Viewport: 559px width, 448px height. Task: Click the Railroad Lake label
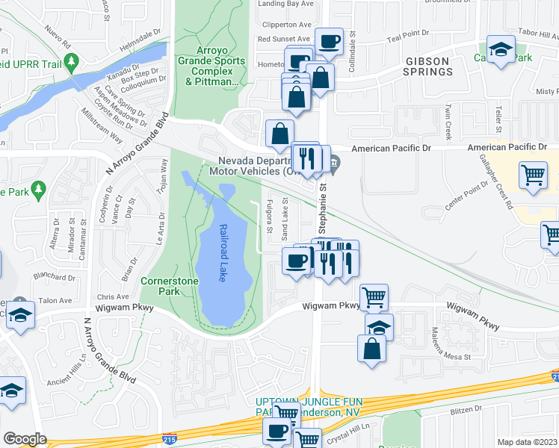coord(222,252)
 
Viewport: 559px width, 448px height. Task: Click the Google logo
coord(25,439)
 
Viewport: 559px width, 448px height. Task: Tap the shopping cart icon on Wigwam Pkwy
coord(374,297)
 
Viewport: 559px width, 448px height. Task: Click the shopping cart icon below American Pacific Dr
coord(533,175)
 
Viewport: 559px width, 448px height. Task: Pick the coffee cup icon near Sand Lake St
coord(296,261)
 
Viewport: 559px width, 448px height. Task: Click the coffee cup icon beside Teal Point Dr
coord(328,41)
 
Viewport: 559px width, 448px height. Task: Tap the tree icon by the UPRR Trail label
coord(72,62)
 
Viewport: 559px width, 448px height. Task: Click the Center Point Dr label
coord(465,199)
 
